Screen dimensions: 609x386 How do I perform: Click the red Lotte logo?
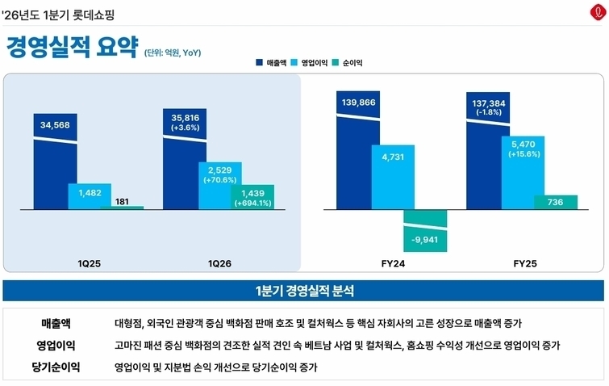click(599, 12)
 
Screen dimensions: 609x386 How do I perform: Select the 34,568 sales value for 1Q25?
click(55, 125)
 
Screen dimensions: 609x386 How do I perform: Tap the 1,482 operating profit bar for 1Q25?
click(90, 196)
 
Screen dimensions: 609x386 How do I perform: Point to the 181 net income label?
click(122, 201)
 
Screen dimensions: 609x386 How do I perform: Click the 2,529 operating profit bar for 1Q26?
click(220, 186)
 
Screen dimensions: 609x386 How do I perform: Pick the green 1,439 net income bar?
click(252, 197)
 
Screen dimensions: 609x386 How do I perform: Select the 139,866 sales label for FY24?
click(358, 103)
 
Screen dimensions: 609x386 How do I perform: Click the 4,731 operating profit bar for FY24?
click(393, 178)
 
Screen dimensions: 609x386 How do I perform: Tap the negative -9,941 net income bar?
click(425, 230)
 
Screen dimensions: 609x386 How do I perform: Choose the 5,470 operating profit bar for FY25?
click(523, 173)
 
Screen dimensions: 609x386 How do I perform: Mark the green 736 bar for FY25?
click(556, 202)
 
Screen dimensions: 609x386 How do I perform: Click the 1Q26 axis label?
click(219, 263)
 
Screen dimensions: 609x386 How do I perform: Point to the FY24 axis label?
click(393, 263)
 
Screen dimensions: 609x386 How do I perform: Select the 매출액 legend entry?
click(271, 63)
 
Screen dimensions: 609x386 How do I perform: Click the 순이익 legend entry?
click(347, 63)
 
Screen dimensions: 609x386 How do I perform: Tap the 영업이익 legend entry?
click(309, 63)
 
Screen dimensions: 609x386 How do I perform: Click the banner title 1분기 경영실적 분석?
click(305, 291)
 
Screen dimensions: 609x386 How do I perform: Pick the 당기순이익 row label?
click(56, 367)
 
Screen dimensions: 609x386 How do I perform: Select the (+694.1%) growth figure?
click(252, 203)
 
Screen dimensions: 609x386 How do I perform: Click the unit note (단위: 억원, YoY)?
click(173, 52)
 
